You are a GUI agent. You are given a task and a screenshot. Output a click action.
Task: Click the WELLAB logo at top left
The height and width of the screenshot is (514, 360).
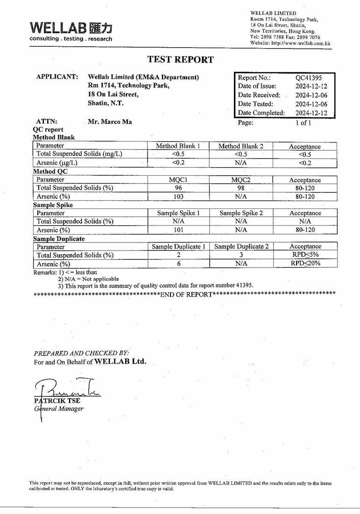71,31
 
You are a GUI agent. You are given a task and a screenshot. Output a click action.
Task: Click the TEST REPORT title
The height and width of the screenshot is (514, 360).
180,60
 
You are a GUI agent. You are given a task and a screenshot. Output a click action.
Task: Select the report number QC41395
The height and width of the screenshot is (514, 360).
309,78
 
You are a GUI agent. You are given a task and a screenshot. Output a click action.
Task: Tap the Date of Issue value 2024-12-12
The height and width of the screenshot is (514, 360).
311,86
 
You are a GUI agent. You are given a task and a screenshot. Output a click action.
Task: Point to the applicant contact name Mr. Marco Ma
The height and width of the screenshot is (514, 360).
110,122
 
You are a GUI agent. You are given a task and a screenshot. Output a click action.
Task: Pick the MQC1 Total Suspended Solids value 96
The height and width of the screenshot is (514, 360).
178,188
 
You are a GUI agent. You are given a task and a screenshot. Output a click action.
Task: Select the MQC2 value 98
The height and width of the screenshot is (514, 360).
241,188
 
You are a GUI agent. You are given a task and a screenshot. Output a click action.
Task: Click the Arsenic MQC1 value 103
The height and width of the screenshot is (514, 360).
178,197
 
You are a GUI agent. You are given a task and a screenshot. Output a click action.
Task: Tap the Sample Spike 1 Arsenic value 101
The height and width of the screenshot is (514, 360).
178,230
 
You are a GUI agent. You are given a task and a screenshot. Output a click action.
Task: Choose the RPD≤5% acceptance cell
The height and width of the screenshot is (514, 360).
305,255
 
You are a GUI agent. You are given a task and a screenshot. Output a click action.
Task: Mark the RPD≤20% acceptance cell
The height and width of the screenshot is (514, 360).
305,264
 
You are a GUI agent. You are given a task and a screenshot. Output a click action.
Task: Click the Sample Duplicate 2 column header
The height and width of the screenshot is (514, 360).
241,246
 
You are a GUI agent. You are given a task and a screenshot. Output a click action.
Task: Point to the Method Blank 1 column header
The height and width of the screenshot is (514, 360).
178,146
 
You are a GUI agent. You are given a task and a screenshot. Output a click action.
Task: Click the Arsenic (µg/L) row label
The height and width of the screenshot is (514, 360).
57,163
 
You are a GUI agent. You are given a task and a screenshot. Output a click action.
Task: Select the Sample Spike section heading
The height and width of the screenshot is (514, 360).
53,205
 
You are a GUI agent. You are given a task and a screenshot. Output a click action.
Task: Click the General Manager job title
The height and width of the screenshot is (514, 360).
59,409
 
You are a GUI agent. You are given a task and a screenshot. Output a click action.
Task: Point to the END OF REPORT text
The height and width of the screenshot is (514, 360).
186,295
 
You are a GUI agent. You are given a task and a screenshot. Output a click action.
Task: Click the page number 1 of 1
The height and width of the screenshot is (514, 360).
303,123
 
